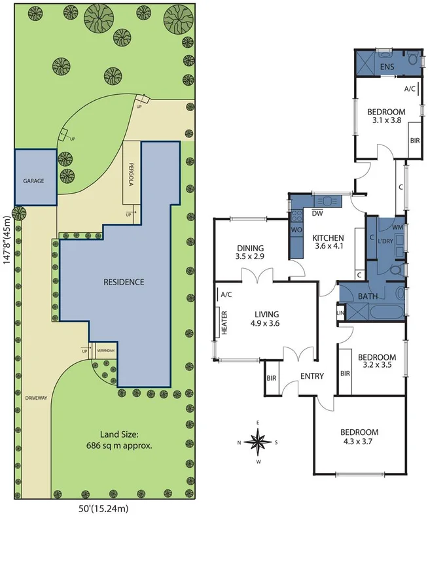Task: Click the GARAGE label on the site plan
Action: click(33, 181)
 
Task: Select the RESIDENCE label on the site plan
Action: click(124, 282)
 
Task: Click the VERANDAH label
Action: click(105, 351)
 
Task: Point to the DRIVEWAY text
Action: click(35, 398)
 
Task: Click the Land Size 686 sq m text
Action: click(126, 440)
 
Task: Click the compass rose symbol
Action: click(259, 442)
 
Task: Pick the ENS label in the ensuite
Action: click(387, 67)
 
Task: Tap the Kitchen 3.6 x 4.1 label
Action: click(327, 242)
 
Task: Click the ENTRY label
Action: click(312, 375)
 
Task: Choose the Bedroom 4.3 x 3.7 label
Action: click(359, 437)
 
